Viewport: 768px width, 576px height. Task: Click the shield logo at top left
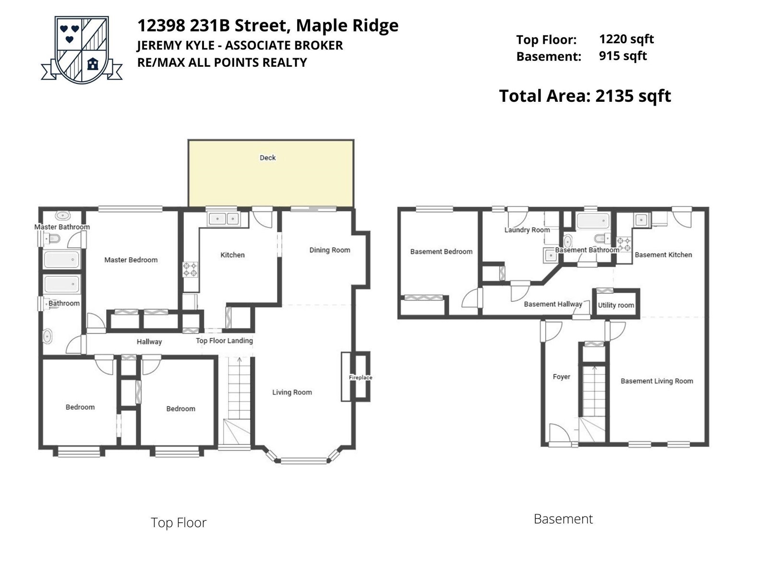point(82,49)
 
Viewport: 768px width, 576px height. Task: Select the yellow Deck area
point(271,173)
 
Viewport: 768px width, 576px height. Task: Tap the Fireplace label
point(360,377)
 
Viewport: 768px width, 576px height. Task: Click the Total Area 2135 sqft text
point(585,96)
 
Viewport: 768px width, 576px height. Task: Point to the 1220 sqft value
point(626,39)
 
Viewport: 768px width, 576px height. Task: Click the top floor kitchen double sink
point(224,219)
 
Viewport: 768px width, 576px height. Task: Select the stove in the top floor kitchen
point(191,270)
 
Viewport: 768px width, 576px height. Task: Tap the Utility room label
point(616,305)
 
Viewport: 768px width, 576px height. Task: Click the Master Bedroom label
point(131,260)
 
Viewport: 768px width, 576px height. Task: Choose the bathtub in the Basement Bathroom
point(593,221)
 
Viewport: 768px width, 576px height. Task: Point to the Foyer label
point(561,377)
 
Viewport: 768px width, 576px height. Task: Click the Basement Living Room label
point(657,381)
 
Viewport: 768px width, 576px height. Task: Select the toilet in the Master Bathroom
point(52,240)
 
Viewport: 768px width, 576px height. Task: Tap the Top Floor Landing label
point(224,341)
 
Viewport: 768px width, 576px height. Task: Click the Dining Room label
point(330,250)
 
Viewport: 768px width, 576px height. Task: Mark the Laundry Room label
point(527,230)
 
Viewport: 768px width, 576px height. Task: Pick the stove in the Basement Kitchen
point(624,244)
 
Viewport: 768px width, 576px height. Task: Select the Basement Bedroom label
point(441,252)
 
